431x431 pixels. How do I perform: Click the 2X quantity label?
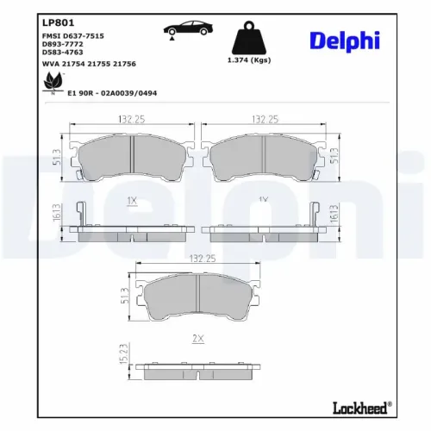point(198,339)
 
